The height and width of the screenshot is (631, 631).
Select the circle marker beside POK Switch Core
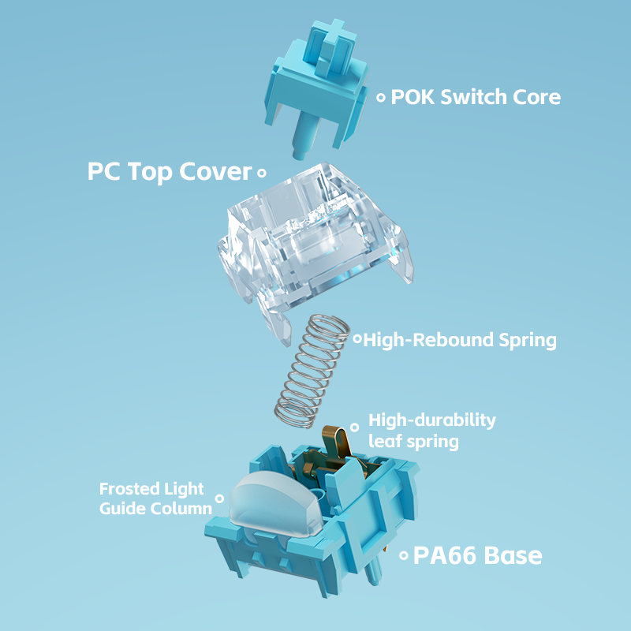[381, 98]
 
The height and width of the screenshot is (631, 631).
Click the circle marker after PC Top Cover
[262, 171]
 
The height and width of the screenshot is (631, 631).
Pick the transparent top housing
[315, 237]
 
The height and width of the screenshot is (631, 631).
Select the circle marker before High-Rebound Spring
[357, 340]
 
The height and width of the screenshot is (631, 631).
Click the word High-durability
[432, 420]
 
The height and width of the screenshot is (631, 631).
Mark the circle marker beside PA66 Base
[403, 555]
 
